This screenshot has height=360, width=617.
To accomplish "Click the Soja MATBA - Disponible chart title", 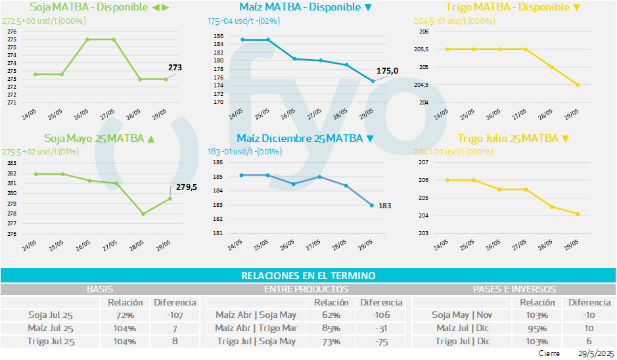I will tap(99, 7).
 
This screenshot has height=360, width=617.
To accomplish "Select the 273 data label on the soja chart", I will tap(175, 67).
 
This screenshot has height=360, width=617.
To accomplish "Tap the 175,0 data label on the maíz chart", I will tap(387, 71).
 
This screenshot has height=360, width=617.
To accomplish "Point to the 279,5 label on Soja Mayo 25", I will tap(187, 187).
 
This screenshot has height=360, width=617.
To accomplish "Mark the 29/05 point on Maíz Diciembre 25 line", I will tap(372, 206).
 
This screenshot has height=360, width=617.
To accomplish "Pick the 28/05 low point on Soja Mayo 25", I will tap(143, 214).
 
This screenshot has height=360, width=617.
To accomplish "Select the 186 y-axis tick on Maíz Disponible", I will tap(218, 36).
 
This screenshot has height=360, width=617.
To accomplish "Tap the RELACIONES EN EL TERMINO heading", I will tap(308, 276).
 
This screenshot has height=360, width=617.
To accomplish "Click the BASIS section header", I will tap(100, 289).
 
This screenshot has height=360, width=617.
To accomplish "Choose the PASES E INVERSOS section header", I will tap(514, 289).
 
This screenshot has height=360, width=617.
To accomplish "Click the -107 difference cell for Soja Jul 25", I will tap(175, 315).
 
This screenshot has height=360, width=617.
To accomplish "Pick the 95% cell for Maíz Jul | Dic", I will tap(537, 328).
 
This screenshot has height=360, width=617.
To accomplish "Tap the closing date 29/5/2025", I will tap(595, 353).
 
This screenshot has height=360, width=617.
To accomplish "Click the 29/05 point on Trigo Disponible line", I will tap(578, 85).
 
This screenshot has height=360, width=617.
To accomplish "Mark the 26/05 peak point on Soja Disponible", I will tap(88, 39).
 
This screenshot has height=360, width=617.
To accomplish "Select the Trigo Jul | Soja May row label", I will tap(256, 341).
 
